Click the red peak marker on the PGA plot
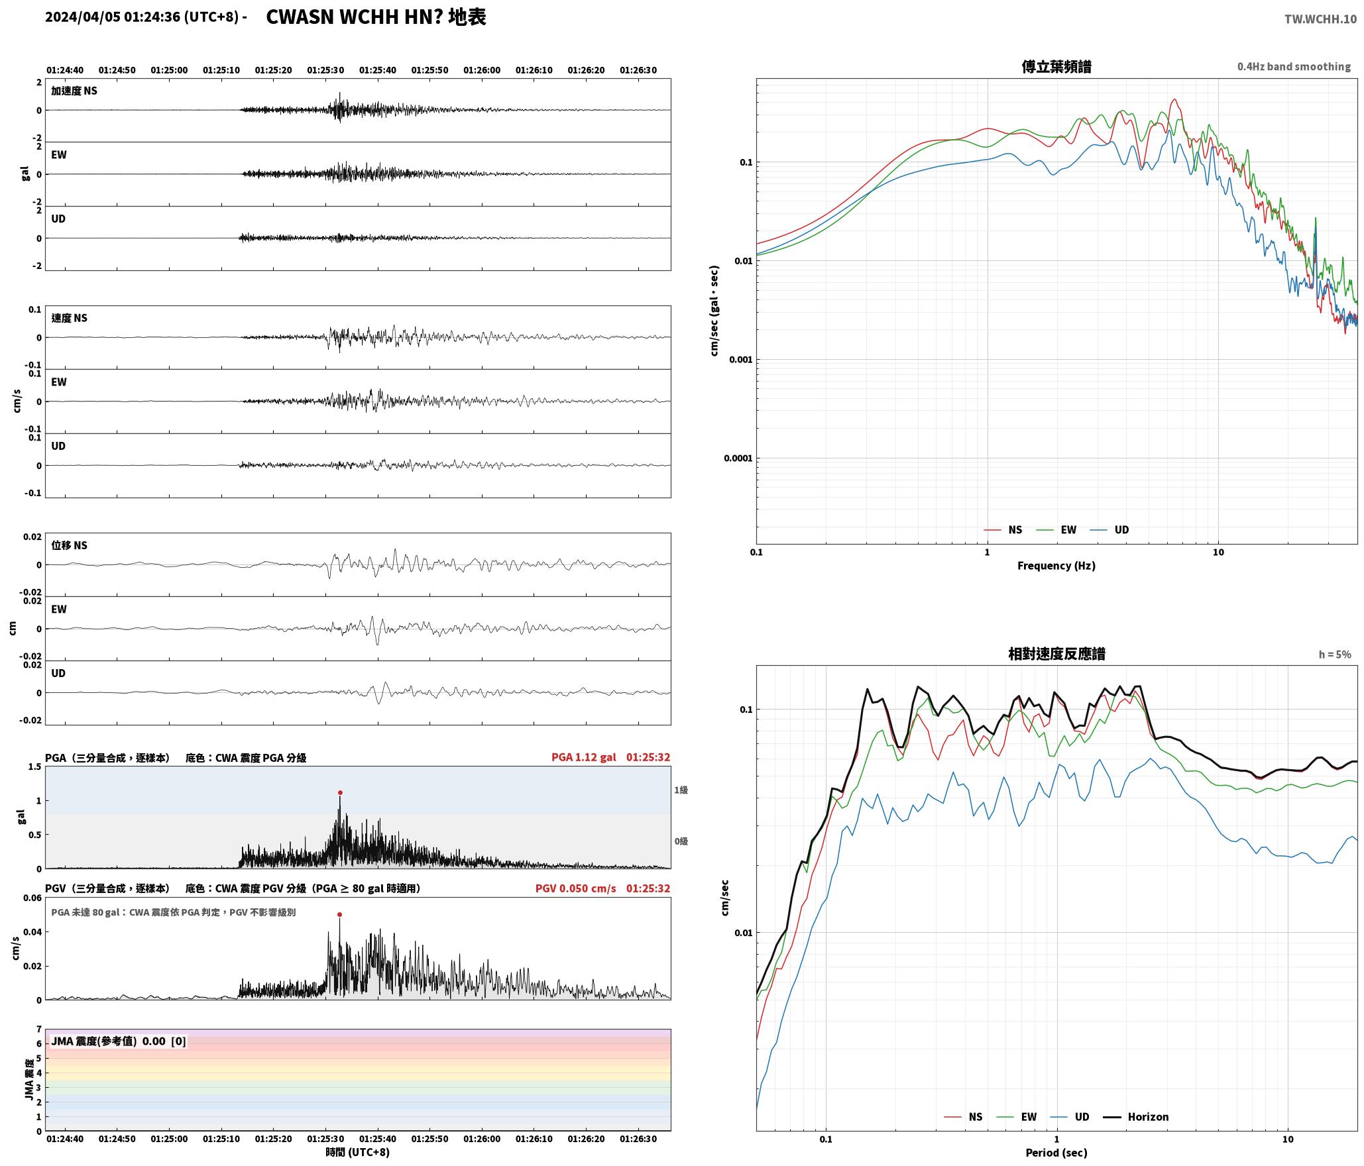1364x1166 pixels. [340, 792]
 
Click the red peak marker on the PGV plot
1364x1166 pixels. [339, 914]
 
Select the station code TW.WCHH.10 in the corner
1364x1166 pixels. [1320, 19]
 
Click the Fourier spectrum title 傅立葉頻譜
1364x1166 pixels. [1056, 66]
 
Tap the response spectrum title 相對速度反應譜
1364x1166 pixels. [1056, 654]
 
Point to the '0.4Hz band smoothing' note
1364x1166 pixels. [1294, 67]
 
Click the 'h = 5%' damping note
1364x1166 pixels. [1335, 655]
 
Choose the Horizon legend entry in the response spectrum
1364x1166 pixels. [1136, 1117]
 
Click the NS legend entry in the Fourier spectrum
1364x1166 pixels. [1003, 530]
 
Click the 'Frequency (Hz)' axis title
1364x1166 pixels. [1056, 566]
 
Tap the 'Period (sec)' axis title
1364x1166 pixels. [1056, 1153]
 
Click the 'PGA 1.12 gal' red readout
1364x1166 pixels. [584, 757]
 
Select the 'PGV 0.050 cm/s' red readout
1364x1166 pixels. [576, 888]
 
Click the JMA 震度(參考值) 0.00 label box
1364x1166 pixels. [119, 1041]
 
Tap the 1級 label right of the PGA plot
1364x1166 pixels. [681, 790]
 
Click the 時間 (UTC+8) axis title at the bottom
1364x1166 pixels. [358, 1152]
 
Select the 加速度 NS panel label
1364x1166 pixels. [74, 91]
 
